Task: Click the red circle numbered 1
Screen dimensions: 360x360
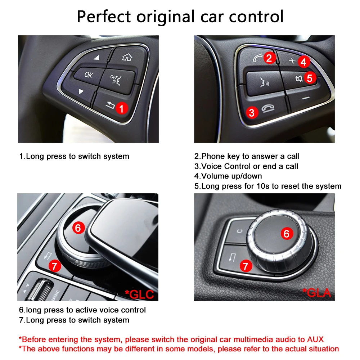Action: coord(121,108)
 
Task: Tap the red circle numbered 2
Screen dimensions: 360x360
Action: coord(270,58)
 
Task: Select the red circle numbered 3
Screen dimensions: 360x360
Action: coord(252,112)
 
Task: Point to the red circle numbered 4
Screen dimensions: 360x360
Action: coord(303,62)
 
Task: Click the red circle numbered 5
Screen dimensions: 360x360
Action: coord(310,78)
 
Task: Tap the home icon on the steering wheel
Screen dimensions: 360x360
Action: coord(127,57)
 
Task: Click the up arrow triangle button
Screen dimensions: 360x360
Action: coord(96,58)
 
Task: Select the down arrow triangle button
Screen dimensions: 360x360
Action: coord(81,92)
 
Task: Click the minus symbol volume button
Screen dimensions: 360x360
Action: coord(306,98)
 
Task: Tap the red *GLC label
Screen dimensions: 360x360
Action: coord(139,294)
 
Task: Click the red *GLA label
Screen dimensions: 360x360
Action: coord(317,292)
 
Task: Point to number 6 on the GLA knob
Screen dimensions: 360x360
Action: coord(287,234)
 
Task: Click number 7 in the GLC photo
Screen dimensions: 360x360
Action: coord(55,266)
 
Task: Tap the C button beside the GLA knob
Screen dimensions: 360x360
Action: coord(239,231)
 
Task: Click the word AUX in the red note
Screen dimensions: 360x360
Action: coord(315,339)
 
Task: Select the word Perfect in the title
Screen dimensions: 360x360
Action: coord(104,17)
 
